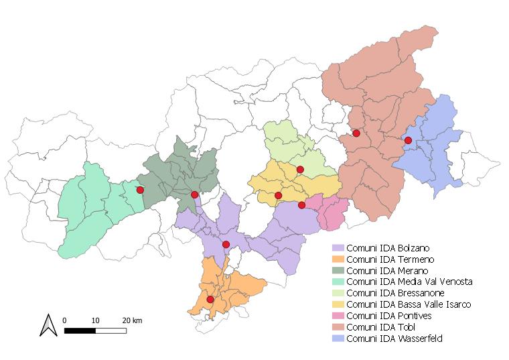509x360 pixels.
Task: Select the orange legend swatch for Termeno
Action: (338, 259)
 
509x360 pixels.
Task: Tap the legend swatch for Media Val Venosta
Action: (338, 282)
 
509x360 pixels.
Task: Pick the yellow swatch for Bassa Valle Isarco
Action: (338, 305)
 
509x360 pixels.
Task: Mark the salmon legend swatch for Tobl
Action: (338, 328)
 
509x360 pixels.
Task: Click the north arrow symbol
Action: (48, 325)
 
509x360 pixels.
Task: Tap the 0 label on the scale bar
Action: (64, 320)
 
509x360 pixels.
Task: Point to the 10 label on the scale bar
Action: (96, 320)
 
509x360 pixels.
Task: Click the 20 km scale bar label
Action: (132, 320)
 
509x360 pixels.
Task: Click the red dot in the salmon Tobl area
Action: (356, 133)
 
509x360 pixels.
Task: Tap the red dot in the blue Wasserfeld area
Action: (408, 140)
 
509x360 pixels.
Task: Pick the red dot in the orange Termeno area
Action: (210, 300)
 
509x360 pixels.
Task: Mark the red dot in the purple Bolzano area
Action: (226, 244)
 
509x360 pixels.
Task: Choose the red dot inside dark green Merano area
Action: (194, 195)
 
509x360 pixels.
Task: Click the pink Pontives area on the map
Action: (332, 213)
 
